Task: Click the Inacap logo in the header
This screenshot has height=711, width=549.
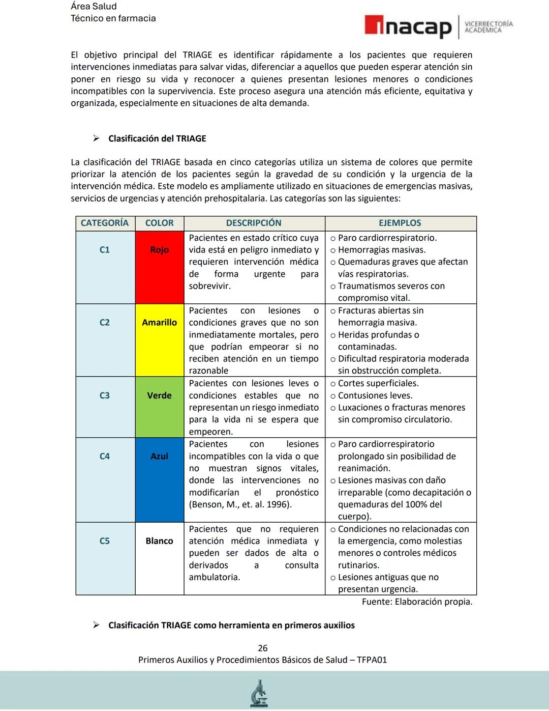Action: coord(408,26)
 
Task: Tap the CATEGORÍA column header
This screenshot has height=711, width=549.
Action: coord(105,223)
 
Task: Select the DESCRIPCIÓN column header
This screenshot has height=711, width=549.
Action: coord(254,223)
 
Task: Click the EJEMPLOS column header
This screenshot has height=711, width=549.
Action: coord(400,223)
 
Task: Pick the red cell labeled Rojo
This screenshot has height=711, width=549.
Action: coord(159,250)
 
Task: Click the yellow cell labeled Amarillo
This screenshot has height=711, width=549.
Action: coord(159,323)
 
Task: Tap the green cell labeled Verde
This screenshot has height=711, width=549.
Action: coord(159,395)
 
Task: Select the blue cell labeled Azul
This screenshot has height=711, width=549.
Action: coord(159,457)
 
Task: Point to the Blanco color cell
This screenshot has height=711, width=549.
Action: coord(159,541)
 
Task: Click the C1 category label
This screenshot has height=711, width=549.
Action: coord(105,250)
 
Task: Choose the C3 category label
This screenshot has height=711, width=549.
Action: coord(105,395)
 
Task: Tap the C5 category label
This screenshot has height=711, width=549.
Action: coord(105,541)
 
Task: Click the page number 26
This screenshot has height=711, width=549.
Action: coord(262,648)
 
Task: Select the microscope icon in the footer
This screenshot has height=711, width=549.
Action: coord(259,693)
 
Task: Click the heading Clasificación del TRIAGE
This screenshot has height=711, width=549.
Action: coord(157,138)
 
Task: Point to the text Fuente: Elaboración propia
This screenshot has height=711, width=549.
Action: coord(417,602)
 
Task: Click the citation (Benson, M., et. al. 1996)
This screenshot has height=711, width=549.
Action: coord(240,504)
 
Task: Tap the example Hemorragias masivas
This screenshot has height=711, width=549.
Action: coord(381,250)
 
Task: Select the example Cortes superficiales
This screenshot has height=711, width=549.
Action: coord(378,383)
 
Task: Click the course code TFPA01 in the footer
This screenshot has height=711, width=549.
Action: coord(372,660)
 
